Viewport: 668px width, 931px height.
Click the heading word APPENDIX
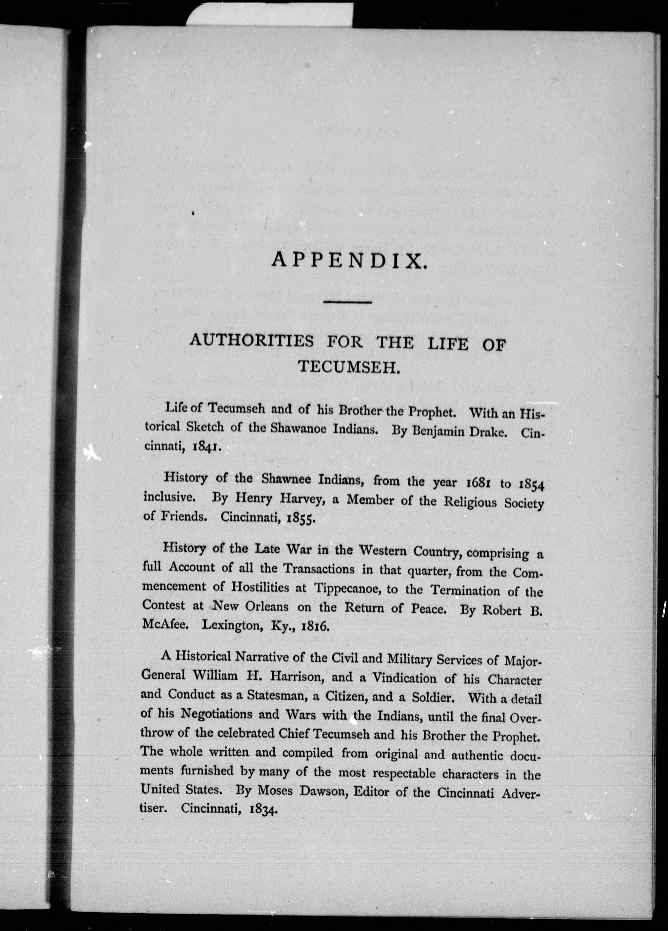pyautogui.click(x=347, y=261)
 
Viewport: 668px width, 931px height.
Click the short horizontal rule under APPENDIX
pyautogui.click(x=347, y=303)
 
